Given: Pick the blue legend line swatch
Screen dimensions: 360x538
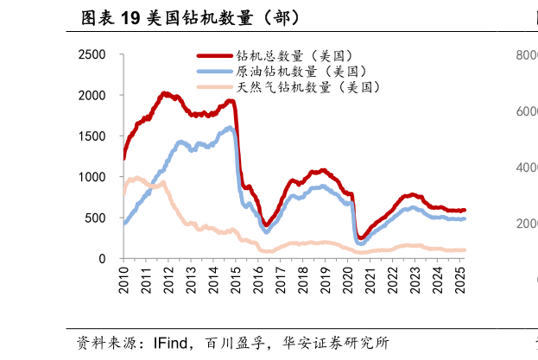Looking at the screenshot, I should click(x=214, y=71).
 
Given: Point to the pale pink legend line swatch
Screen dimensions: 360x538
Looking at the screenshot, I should click(x=214, y=86).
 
